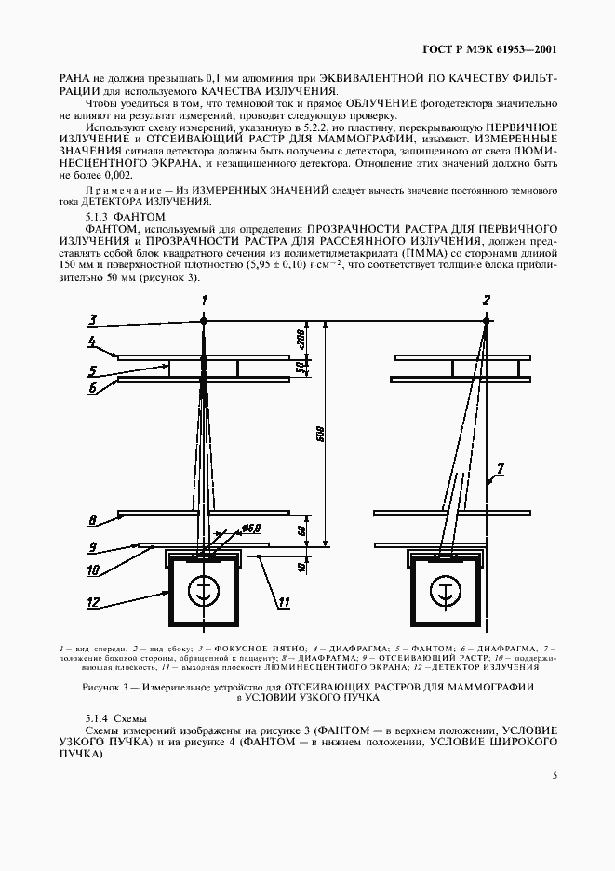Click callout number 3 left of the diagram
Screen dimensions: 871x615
coord(92,319)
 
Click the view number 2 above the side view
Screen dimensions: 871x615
coord(486,300)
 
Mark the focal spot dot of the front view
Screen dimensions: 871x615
coord(204,321)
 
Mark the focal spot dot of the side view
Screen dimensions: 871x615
coord(486,321)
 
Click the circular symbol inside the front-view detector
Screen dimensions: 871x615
coord(204,591)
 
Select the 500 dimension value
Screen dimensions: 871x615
coord(319,437)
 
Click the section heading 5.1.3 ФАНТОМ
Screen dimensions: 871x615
coord(112,215)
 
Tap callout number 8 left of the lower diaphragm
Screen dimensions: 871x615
coord(93,517)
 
